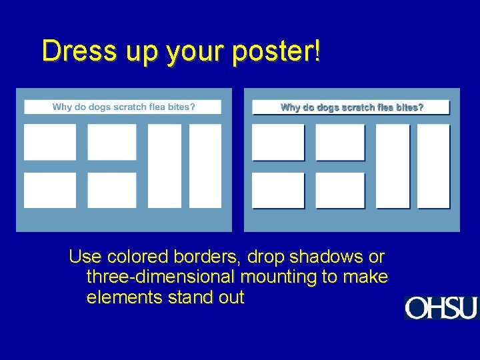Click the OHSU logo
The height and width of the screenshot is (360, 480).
click(x=441, y=307)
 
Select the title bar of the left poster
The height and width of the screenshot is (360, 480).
click(x=123, y=107)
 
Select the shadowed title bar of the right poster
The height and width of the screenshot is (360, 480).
click(x=351, y=107)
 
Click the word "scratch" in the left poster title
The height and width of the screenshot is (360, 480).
click(x=133, y=107)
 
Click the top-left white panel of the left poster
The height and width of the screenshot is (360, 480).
click(x=50, y=142)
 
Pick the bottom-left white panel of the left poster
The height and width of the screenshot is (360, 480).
click(x=50, y=190)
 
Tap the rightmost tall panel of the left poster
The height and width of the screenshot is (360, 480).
click(x=205, y=166)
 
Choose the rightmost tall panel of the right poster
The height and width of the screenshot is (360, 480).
click(x=433, y=166)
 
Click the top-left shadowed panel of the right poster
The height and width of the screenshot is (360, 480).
click(x=278, y=142)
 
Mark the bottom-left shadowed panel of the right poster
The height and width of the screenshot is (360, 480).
click(x=278, y=190)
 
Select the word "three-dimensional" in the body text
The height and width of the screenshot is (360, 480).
click(x=161, y=277)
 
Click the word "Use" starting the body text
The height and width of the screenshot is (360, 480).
click(x=83, y=257)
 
